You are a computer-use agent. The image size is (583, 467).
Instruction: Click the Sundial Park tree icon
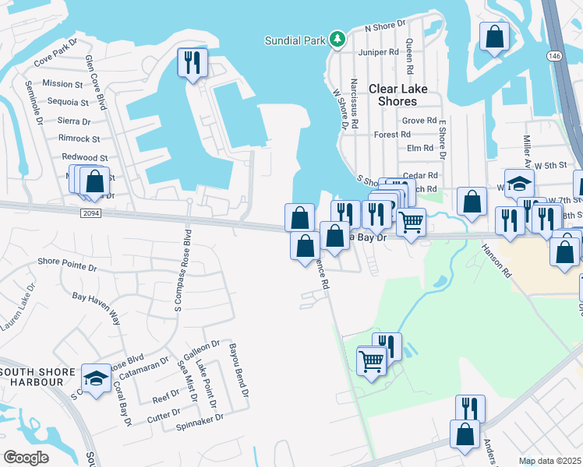click(337, 40)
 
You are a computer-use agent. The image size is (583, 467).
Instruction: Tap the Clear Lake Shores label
click(398, 95)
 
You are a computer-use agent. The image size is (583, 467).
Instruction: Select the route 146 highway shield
click(553, 56)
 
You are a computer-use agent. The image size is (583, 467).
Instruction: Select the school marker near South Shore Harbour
click(97, 379)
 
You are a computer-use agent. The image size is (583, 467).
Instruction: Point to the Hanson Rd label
click(496, 261)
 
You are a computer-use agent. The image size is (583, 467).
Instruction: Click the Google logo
click(26, 457)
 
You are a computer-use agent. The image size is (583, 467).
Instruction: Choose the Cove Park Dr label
click(56, 51)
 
